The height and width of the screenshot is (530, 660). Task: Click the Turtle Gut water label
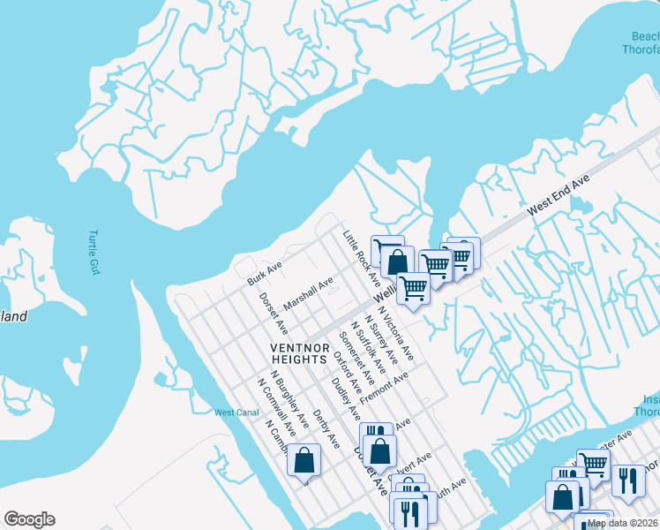click(x=94, y=253)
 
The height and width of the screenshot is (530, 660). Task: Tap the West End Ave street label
click(x=558, y=196)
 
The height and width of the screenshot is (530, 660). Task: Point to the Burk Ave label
click(x=264, y=273)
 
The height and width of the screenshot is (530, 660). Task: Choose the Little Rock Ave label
click(x=361, y=256)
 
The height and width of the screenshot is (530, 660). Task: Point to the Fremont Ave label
click(x=384, y=386)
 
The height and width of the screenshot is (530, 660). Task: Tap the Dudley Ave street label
click(x=345, y=397)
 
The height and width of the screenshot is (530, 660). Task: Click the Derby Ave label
click(x=326, y=428)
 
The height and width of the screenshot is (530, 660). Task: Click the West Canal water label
click(x=236, y=413)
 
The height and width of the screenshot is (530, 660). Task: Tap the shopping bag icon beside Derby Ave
click(x=304, y=460)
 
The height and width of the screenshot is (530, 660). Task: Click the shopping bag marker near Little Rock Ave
click(x=398, y=261)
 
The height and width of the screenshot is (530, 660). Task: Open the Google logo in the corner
click(x=29, y=519)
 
